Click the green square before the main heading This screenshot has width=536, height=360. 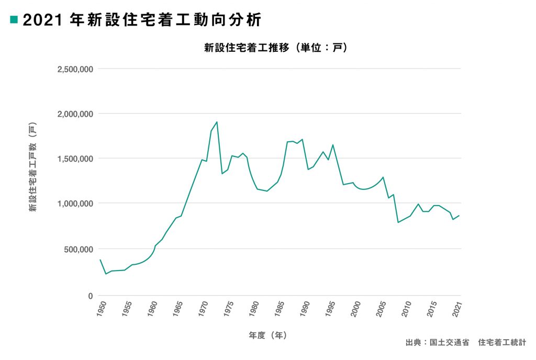[x=14, y=20]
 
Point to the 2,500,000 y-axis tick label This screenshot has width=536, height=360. [x=75, y=69]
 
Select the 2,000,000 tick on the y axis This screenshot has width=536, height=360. [x=75, y=114]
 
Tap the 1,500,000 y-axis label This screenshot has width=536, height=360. [x=75, y=159]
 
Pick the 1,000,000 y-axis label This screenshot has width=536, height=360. [x=75, y=204]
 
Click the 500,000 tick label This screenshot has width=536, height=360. [x=79, y=249]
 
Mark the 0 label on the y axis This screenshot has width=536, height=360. [x=91, y=296]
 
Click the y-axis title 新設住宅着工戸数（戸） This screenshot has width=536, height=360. [x=32, y=167]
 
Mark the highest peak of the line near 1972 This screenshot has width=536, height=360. [x=216, y=122]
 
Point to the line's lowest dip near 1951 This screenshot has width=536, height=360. [x=106, y=274]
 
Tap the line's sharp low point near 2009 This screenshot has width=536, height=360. [x=398, y=222]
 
